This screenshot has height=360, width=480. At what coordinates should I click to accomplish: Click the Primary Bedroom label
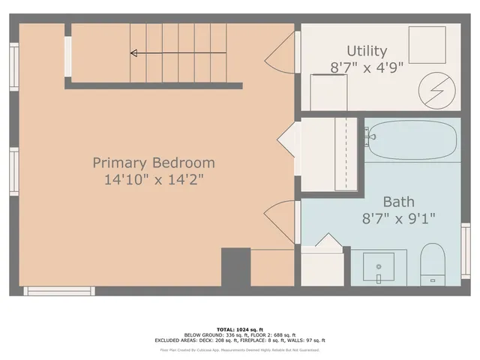click(x=154, y=163)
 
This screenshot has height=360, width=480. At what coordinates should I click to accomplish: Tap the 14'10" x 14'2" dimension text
click(x=154, y=180)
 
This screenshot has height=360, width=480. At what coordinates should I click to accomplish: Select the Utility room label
click(x=367, y=51)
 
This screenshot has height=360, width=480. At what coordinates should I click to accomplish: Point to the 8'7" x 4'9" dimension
click(x=367, y=67)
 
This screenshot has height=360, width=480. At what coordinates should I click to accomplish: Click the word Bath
click(x=398, y=201)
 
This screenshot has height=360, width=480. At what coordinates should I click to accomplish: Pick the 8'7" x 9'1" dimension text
click(x=398, y=218)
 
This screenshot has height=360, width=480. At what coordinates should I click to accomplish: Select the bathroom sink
click(x=379, y=266)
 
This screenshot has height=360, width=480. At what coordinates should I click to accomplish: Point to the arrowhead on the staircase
click(x=134, y=53)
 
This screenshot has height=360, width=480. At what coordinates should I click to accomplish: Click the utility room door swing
click(x=283, y=51)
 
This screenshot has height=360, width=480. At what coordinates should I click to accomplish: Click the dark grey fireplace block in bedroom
click(x=235, y=267)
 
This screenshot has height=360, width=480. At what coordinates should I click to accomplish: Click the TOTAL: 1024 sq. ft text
click(x=240, y=329)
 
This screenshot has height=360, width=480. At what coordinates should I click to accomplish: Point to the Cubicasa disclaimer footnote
click(x=240, y=349)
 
